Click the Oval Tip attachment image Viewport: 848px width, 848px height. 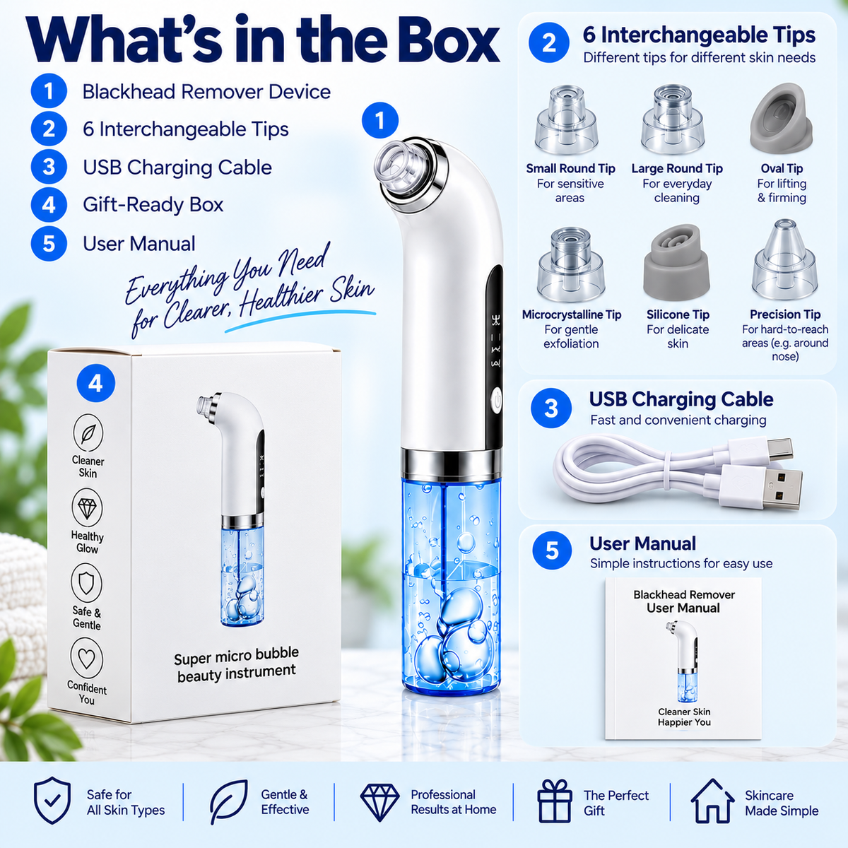781,117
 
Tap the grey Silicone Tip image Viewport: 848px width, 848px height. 676,263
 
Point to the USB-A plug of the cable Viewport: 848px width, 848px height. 761,488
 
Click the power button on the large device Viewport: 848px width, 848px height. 497,401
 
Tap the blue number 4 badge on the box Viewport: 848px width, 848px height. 96,383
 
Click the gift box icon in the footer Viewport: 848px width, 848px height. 555,801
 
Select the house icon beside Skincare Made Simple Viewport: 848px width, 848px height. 712,801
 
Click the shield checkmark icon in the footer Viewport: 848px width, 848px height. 52,801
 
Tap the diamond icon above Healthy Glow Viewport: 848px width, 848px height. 87,507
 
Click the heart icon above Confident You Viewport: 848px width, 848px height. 87,659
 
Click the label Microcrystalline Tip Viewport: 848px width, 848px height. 572,314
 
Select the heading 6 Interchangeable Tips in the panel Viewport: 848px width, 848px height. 699,35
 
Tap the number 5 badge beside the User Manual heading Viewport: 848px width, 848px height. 552,550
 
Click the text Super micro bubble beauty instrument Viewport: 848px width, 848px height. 236,665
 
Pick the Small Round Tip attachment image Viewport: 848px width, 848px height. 566,119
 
